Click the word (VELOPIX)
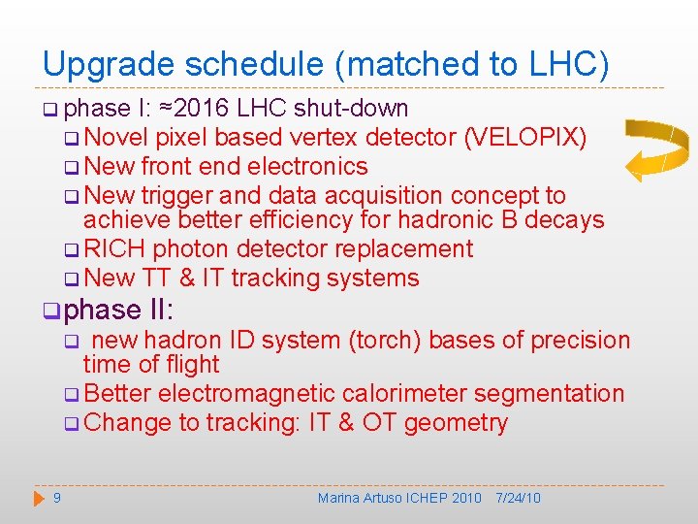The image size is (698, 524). click(525, 137)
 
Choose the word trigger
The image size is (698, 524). click(182, 195)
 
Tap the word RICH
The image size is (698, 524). click(114, 249)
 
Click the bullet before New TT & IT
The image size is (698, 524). click(70, 279)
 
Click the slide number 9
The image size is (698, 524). click(57, 498)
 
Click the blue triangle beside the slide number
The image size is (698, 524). click(38, 498)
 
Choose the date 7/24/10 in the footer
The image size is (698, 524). click(518, 498)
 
